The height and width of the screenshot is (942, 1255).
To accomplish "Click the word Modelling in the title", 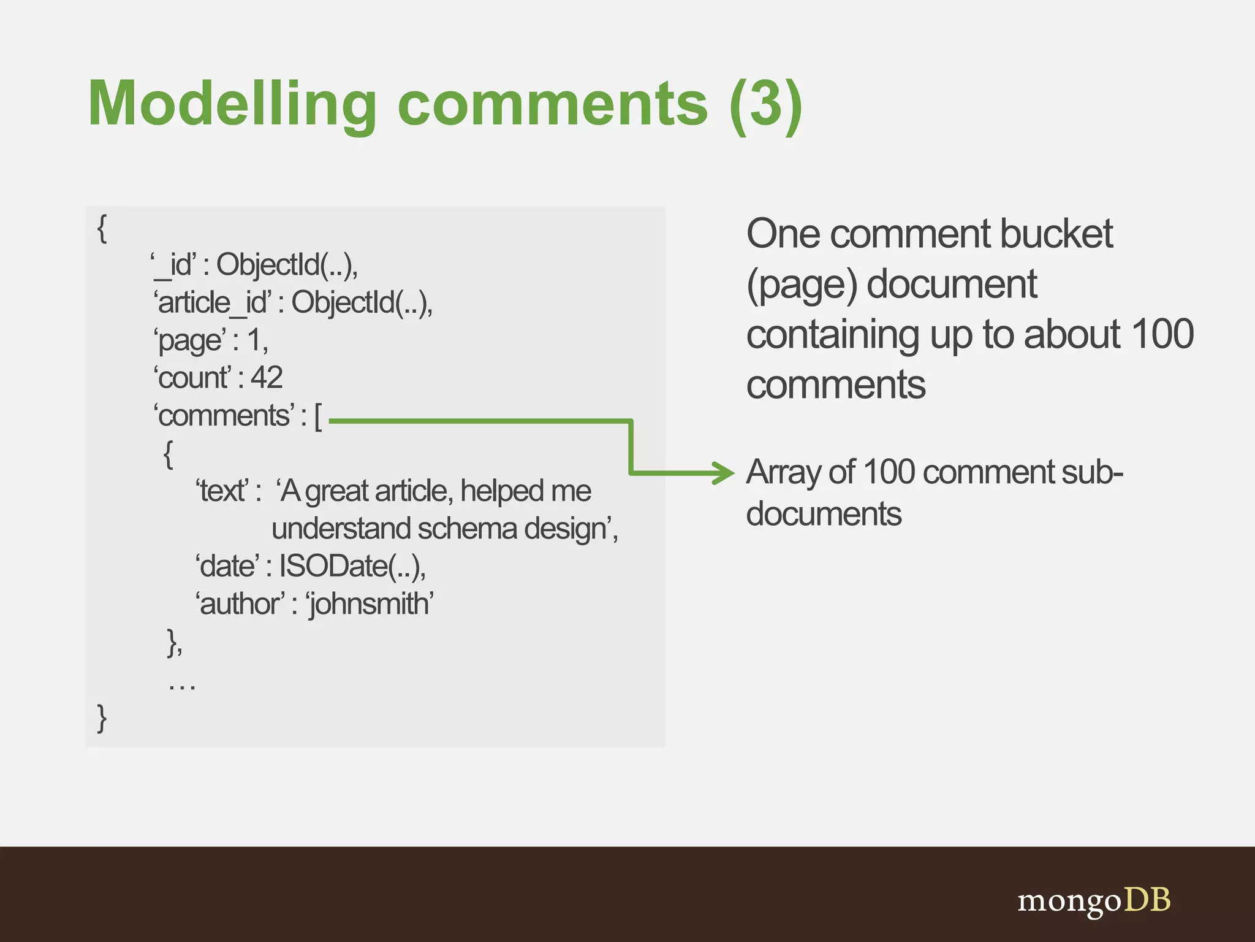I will click(232, 104).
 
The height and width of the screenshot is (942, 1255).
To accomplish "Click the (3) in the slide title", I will click(765, 104).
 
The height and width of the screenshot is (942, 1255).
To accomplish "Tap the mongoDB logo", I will click(1094, 901).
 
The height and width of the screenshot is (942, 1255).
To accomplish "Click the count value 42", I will click(267, 378).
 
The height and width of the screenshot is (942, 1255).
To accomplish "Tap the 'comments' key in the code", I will click(224, 416).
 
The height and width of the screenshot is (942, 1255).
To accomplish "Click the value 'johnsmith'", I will click(370, 604).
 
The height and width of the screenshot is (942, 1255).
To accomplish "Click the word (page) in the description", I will click(802, 285).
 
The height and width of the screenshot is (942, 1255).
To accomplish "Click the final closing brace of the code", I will click(102, 718).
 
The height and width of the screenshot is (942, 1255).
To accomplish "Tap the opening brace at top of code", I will click(102, 228).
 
